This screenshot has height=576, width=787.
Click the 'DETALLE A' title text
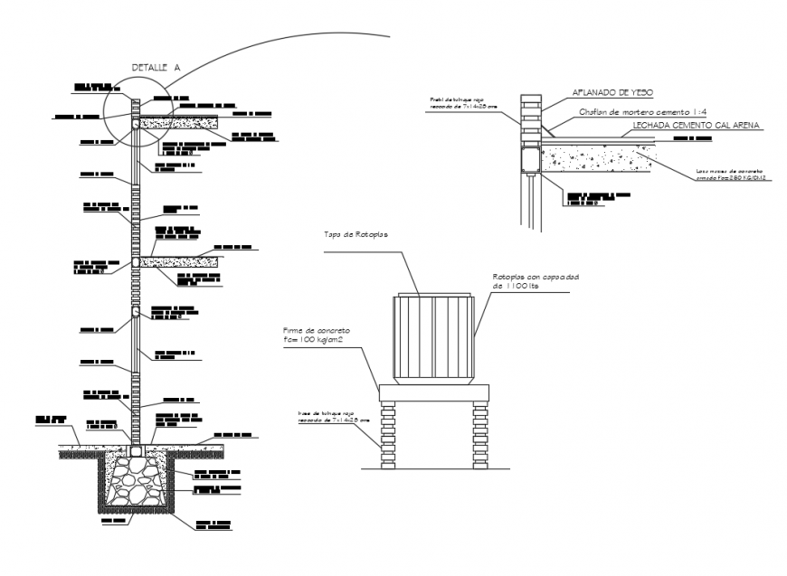point(156,67)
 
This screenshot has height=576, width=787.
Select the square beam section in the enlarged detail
point(528,162)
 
